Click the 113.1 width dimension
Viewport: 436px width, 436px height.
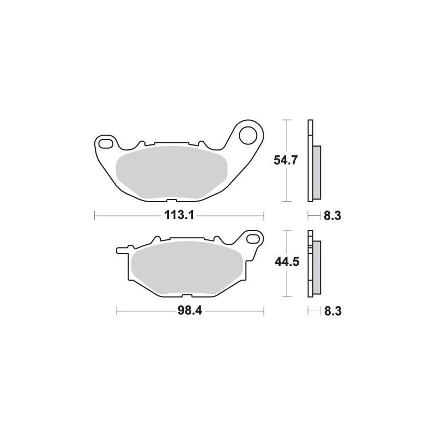(179, 215)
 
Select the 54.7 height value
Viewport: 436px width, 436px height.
(286, 160)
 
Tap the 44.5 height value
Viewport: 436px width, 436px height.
(286, 263)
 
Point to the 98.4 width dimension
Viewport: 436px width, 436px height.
(191, 312)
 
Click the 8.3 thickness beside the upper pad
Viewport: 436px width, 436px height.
(332, 215)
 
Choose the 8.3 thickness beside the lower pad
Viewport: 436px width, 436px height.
(332, 312)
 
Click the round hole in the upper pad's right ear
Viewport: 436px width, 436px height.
(249, 134)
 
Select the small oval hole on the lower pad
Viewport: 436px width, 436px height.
(253, 238)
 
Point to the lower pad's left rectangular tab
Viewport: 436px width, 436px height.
(123, 250)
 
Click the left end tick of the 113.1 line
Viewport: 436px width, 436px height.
(95, 215)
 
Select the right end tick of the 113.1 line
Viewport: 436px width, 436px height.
(264, 215)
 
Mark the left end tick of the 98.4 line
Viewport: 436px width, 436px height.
(117, 312)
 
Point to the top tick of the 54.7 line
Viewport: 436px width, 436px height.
(286, 119)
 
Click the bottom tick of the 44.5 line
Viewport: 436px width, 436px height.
(286, 297)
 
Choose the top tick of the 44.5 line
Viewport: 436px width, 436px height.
(286, 231)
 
